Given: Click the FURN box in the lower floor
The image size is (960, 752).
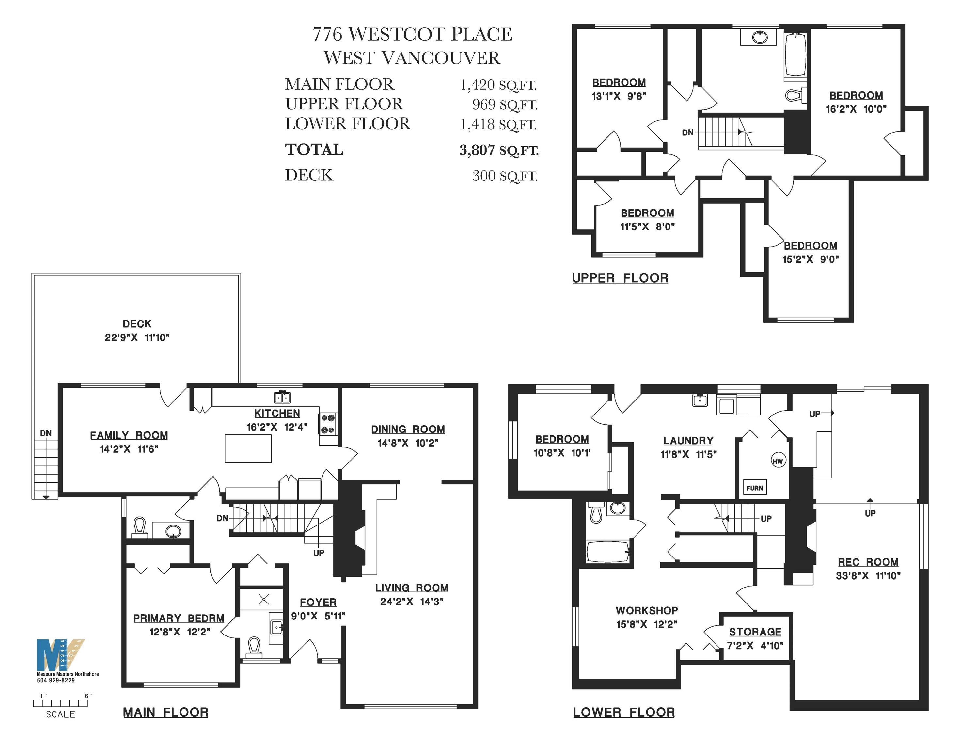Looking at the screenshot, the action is click(x=754, y=487).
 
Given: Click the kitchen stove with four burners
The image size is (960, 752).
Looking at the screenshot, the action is click(x=328, y=424).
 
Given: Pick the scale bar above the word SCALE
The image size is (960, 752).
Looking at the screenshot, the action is click(x=60, y=703).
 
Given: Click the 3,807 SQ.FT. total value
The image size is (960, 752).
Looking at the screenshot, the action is click(x=499, y=150).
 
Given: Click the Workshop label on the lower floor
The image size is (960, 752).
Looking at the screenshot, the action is click(x=646, y=610).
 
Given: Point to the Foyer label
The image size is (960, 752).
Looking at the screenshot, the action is click(x=318, y=602).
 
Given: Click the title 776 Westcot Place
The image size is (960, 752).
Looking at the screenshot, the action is click(x=413, y=34).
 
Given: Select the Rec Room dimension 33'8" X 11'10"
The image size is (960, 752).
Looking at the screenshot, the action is click(x=868, y=575).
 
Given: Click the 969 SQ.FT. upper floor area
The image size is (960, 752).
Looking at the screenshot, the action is click(x=505, y=105).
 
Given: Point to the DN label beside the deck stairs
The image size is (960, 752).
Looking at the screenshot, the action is click(x=46, y=433).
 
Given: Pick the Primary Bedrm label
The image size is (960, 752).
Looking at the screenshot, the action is click(x=179, y=618).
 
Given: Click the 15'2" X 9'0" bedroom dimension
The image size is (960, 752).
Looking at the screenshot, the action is click(x=810, y=259).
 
